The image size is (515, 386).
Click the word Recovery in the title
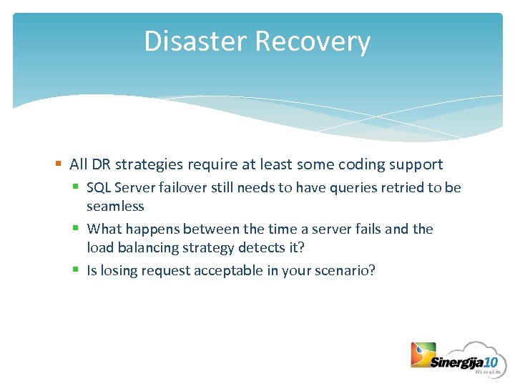click(313, 41)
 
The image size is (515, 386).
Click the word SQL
click(98, 187)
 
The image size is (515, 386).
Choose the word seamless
click(115, 206)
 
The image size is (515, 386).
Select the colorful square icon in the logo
click(423, 355)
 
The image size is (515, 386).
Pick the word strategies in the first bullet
click(148, 164)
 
